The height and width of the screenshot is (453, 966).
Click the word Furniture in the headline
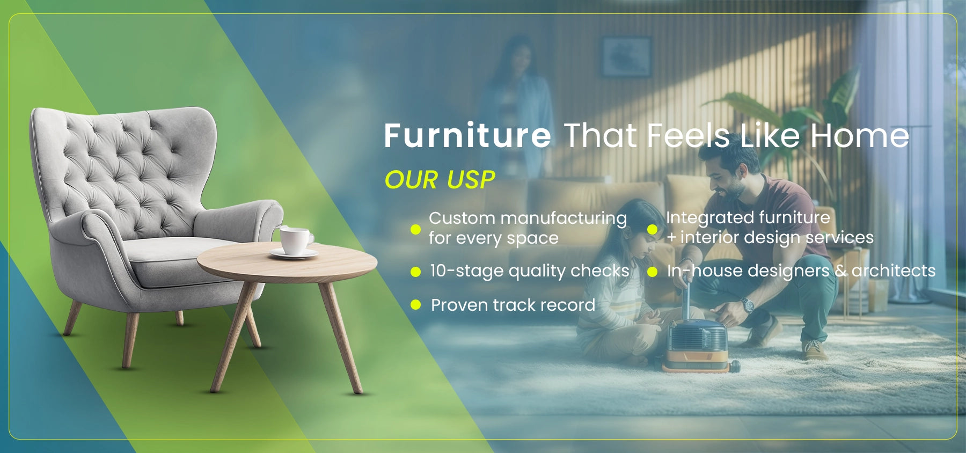[467, 135]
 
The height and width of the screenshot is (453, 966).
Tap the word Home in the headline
[859, 135]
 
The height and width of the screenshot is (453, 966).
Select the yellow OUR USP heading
[440, 180]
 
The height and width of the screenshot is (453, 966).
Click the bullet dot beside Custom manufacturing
[415, 229]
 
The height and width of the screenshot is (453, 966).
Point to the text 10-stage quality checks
[529, 271]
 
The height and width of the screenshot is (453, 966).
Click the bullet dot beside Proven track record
[415, 305]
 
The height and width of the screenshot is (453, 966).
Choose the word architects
[893, 271]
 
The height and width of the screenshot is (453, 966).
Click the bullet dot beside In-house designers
[652, 272]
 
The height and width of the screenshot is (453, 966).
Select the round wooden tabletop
[287, 262]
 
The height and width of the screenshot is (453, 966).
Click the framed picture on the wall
[626, 56]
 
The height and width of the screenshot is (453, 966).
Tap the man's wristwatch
[748, 305]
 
